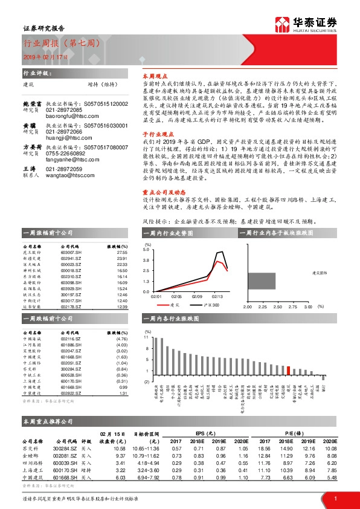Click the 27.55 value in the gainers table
[x=123, y=251]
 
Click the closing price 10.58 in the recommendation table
[x=118, y=448]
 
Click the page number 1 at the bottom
[x=334, y=498]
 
